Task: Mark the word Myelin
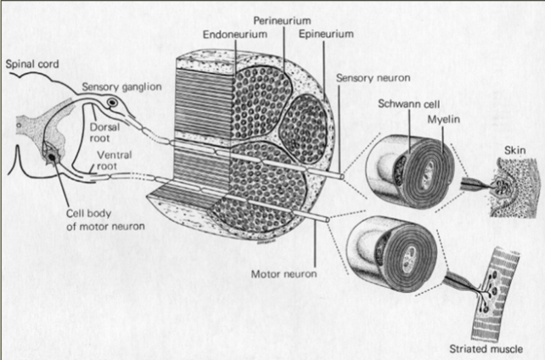(449, 121)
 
